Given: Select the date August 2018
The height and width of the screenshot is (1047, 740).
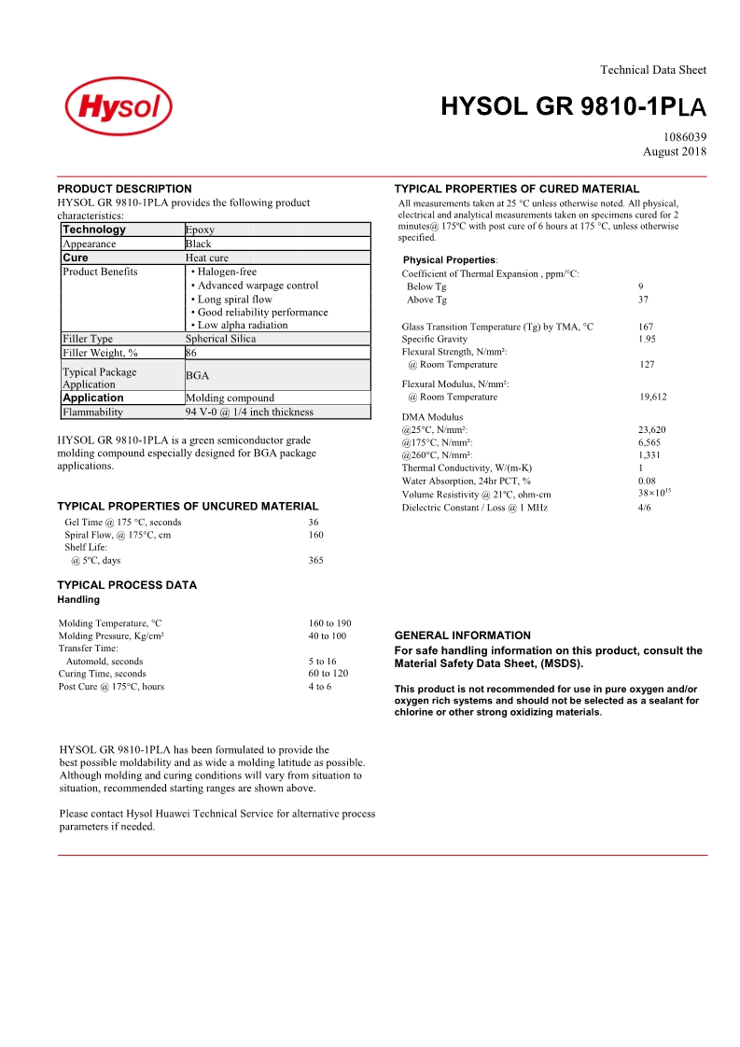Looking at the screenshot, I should click(675, 151).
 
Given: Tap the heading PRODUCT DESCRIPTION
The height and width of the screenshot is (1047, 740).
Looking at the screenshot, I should click(124, 188).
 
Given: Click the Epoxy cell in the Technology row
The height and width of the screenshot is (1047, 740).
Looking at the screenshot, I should click(200, 230).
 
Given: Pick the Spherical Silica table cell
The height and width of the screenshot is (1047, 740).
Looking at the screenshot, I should click(220, 339).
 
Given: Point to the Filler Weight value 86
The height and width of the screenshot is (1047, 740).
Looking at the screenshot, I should click(191, 353).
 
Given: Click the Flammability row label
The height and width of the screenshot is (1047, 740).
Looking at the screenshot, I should click(92, 412).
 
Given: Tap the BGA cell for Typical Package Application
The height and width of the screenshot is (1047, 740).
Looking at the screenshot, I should click(197, 375).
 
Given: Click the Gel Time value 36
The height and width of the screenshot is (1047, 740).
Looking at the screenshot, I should click(314, 523).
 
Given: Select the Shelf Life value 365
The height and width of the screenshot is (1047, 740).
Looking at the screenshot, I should click(316, 561).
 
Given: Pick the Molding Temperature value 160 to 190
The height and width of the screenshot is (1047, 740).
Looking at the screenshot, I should click(329, 623).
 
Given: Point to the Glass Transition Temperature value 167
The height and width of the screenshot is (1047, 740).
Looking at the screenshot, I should click(646, 327).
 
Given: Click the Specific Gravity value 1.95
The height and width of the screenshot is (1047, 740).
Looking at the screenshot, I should click(647, 340).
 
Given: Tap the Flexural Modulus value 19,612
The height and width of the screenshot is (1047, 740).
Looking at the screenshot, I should click(653, 397).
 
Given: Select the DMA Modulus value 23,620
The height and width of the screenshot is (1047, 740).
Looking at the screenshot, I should click(651, 430).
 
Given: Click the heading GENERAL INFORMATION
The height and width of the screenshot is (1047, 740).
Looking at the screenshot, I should click(463, 635).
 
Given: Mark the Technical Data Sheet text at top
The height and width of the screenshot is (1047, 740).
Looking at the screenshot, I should click(653, 70).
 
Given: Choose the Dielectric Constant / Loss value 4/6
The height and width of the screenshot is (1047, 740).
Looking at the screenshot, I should click(645, 508).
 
